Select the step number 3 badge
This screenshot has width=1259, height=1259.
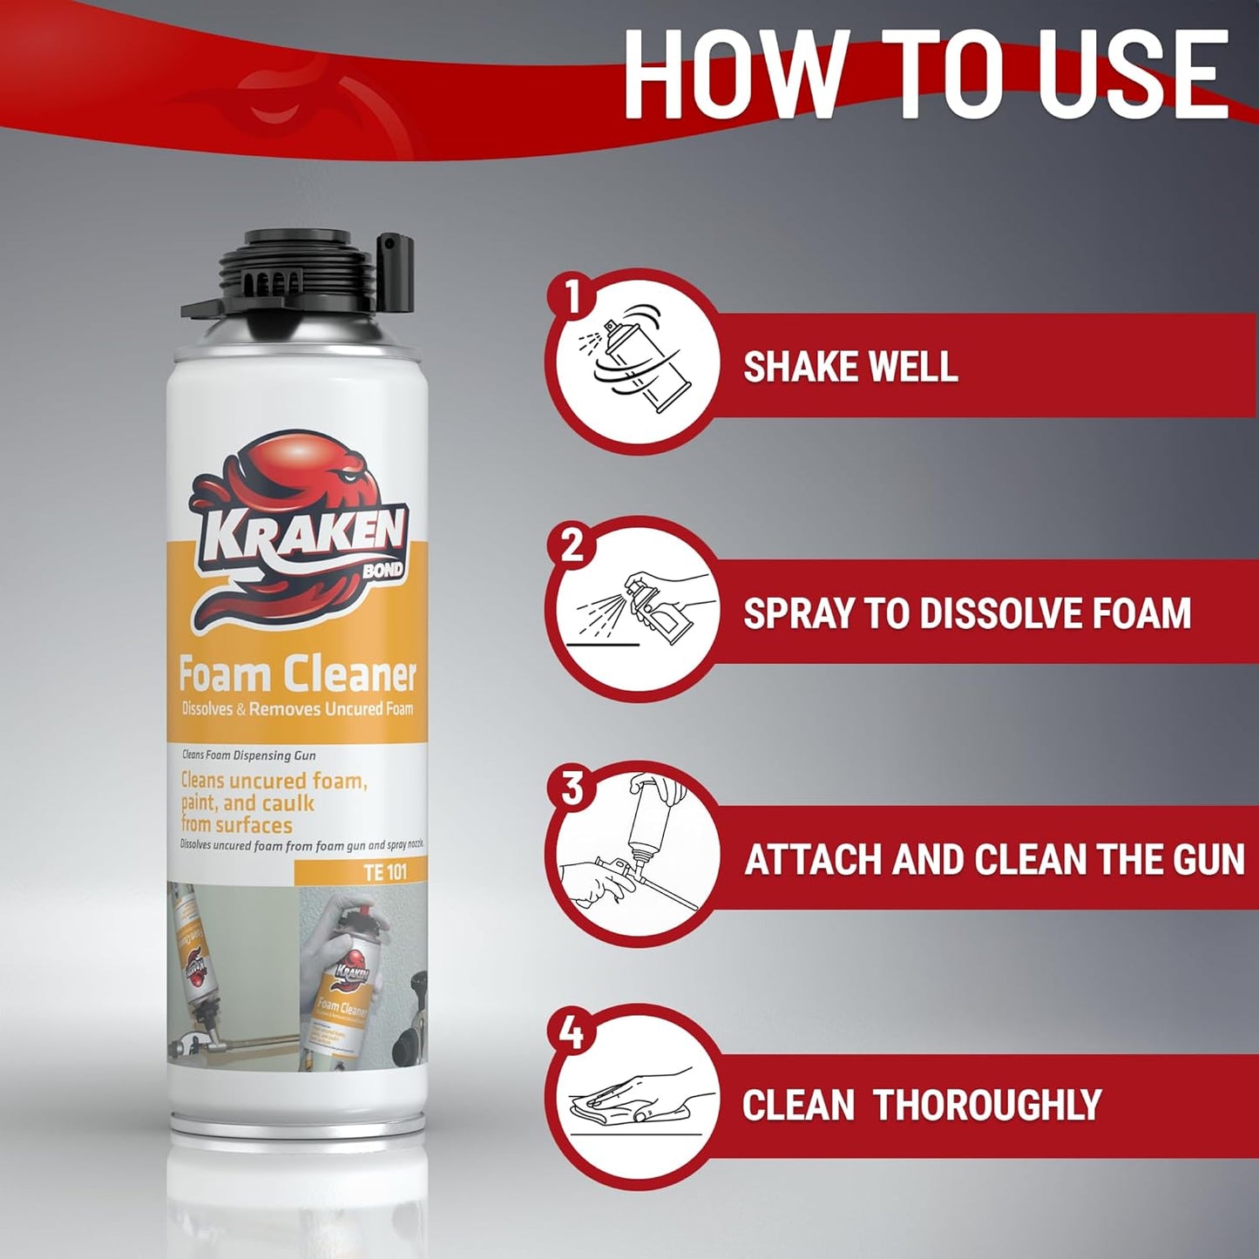pos(572,789)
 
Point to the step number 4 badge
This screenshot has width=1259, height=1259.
pos(572,1034)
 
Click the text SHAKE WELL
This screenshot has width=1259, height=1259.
pos(850,366)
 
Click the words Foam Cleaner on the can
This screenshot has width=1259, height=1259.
pos(297,674)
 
